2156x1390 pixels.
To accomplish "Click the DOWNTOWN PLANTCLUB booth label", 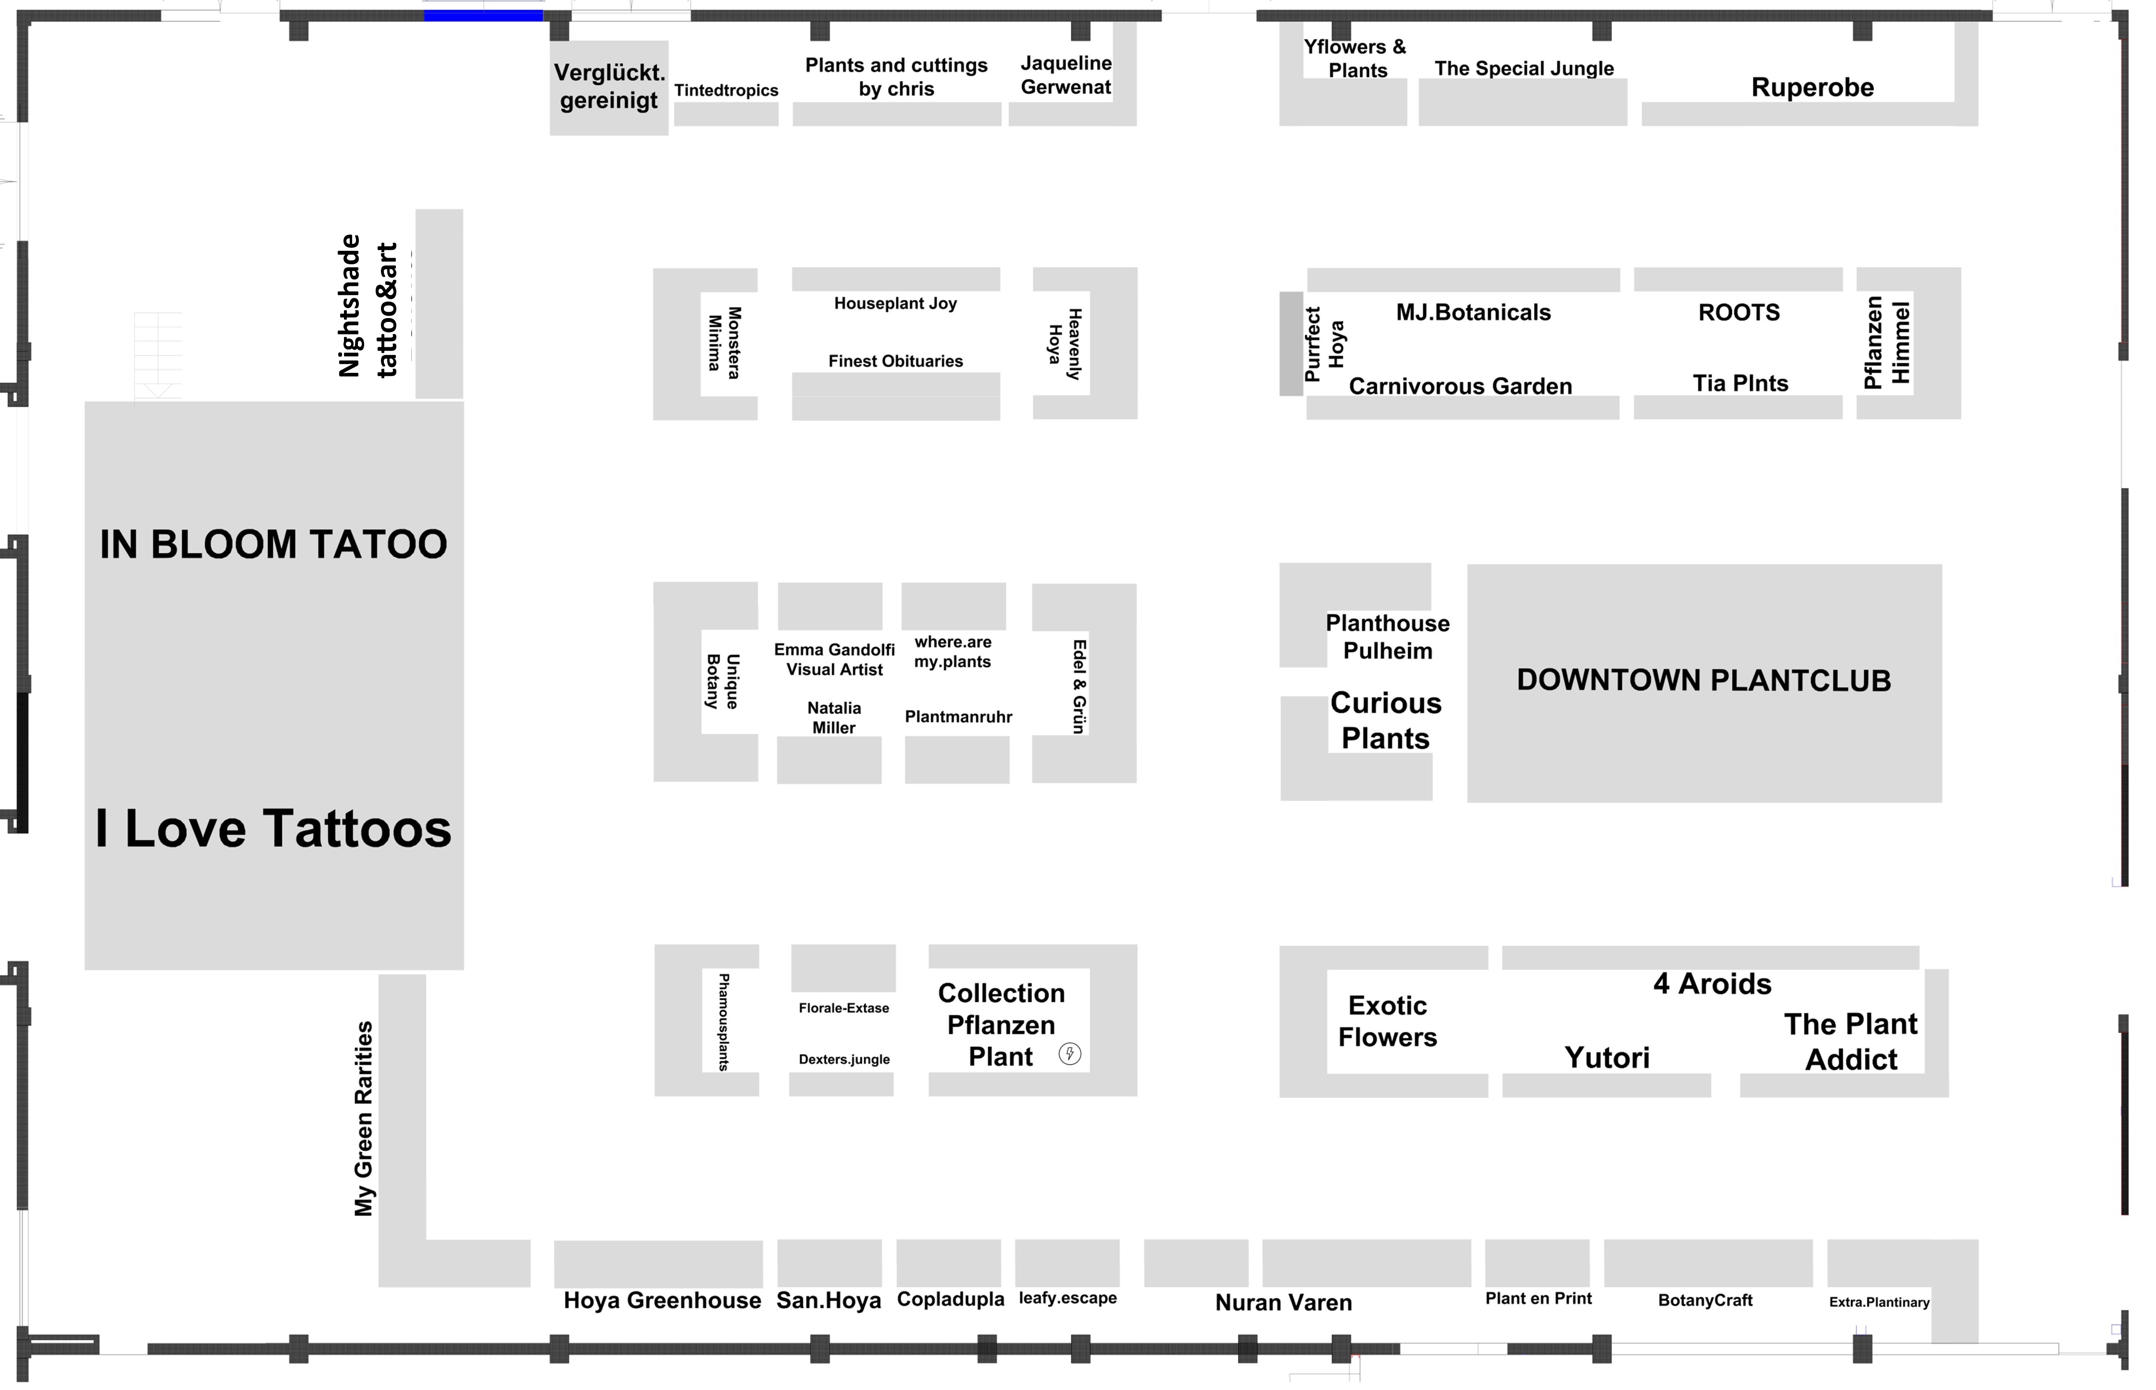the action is tap(1703, 680).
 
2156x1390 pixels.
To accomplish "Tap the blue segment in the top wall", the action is tap(484, 15).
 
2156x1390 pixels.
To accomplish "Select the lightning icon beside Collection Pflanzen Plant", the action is tap(1069, 1054).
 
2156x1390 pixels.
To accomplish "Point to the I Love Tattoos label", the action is tap(273, 829).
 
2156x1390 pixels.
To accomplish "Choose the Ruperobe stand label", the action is tap(1812, 87).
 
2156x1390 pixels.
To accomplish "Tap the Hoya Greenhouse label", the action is tap(662, 1301).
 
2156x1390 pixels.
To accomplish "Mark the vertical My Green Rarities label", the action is tap(364, 1119).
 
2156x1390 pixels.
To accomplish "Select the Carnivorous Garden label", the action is tap(1460, 386).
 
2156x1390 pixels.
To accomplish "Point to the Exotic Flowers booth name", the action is tap(1387, 1021).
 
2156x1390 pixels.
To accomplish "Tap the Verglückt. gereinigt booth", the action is tap(609, 87).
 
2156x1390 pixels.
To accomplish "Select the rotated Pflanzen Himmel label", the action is tap(1887, 343).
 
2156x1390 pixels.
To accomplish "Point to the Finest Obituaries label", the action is tap(895, 361).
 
